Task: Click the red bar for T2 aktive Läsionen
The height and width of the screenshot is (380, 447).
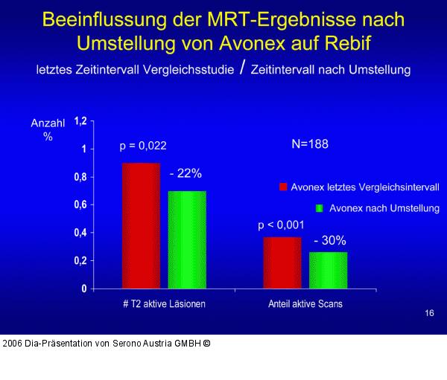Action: (x=141, y=225)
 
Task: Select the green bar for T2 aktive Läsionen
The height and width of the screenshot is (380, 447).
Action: (x=187, y=239)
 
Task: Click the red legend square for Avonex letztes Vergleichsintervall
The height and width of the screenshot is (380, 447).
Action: (x=283, y=187)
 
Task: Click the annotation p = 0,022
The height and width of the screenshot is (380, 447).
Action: (x=148, y=146)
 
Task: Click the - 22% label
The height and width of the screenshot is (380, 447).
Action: (x=186, y=173)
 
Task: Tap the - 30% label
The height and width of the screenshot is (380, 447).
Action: (x=329, y=241)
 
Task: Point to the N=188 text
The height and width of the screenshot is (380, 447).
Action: (x=309, y=144)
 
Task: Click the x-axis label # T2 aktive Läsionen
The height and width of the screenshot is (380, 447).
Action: (x=163, y=303)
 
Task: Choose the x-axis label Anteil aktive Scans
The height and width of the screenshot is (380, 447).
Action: (x=305, y=303)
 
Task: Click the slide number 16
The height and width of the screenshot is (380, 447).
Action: (x=429, y=314)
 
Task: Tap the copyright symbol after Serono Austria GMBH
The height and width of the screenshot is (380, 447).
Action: (x=207, y=344)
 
